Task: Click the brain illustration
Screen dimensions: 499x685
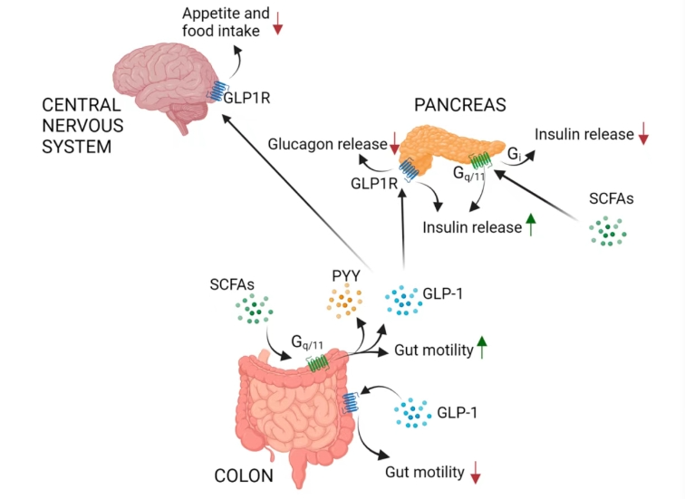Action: [168, 86]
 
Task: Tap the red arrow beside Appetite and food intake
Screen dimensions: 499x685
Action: [278, 25]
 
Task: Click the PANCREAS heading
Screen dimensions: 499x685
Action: [459, 105]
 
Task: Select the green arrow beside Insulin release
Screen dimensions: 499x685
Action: [530, 226]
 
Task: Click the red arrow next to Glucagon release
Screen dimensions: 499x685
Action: [394, 142]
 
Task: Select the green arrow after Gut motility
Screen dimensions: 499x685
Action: [482, 347]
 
